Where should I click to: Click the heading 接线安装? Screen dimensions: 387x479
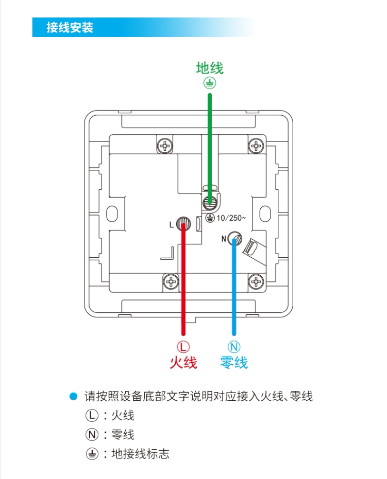click(70, 27)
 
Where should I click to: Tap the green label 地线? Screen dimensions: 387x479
click(210, 68)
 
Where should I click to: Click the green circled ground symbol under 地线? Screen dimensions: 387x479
click(210, 82)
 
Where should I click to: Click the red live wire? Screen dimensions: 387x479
click(183, 279)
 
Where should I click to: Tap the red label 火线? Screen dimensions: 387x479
click(183, 363)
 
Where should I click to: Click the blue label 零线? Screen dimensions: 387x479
click(234, 363)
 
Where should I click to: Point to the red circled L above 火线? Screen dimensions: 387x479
click(183, 347)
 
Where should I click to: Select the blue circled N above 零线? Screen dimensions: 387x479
click(234, 347)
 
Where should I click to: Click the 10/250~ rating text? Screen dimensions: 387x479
click(231, 218)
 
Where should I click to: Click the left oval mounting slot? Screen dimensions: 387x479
click(112, 214)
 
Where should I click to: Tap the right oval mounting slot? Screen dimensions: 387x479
click(265, 214)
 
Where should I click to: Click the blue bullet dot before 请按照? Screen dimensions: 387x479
click(74, 397)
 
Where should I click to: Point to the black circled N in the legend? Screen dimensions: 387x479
click(92, 434)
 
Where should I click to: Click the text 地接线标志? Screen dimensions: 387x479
click(140, 454)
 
